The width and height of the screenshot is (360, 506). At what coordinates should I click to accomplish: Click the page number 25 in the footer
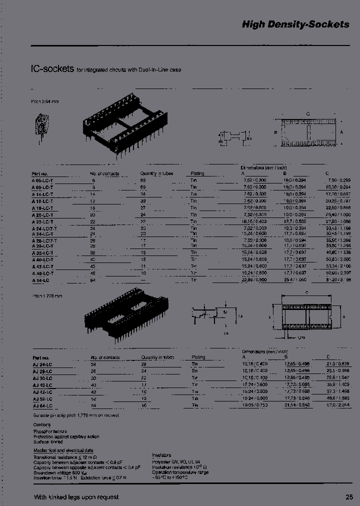point(349,497)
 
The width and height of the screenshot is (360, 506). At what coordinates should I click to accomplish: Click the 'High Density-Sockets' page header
point(295,24)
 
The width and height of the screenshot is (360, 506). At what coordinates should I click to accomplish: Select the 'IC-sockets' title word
point(52,69)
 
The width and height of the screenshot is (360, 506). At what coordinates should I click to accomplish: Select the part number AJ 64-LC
point(42,405)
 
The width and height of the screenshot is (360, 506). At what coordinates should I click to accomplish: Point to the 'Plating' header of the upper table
point(197,173)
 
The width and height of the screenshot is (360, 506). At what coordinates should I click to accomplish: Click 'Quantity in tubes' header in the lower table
point(158,357)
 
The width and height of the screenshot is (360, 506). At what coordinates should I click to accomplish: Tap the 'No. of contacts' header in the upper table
point(104,173)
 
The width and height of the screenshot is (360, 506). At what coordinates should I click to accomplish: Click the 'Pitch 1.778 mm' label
point(47,296)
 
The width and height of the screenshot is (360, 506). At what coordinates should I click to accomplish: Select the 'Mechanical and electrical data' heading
point(60,450)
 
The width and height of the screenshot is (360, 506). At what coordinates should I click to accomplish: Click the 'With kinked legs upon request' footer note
point(76,497)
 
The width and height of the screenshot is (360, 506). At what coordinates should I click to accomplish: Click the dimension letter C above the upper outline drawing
point(308,114)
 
